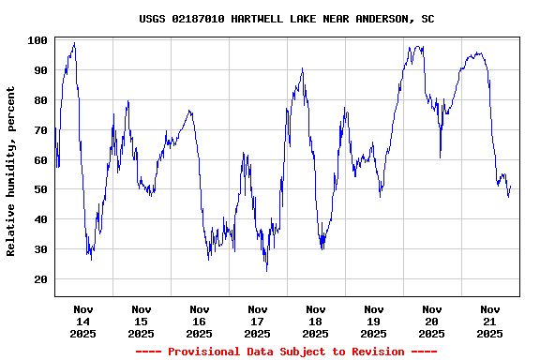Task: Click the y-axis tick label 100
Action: (37, 40)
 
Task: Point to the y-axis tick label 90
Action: (40, 69)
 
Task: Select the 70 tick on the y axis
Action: (40, 129)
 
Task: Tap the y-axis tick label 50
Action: (40, 189)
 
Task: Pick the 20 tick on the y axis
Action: (40, 279)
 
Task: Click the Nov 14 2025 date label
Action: (83, 321)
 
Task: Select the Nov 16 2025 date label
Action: (200, 321)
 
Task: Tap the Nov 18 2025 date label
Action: (316, 321)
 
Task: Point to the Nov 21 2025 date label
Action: (490, 321)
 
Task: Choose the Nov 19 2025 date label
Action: (374, 321)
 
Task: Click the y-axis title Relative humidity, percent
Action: (11, 171)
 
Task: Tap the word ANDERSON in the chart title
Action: (383, 19)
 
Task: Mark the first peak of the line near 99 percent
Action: (74, 43)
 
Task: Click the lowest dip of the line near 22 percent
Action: (266, 271)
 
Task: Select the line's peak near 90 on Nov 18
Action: (302, 68)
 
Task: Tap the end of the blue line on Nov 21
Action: (510, 187)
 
